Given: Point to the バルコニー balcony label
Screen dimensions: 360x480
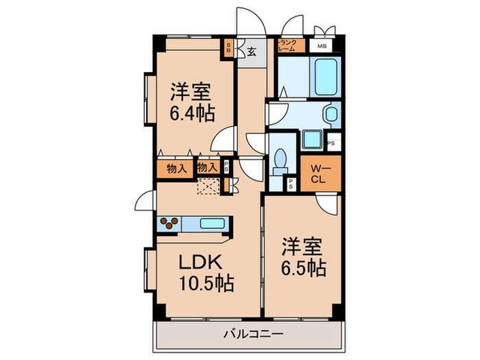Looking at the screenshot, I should pos(249,335).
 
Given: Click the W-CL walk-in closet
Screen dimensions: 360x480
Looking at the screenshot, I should pos(320,175).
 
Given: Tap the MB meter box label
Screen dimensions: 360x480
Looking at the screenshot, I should pos(321,46).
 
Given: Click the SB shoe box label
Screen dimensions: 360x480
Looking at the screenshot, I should pos(229,47).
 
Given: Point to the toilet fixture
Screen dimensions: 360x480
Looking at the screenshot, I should pos(280,160).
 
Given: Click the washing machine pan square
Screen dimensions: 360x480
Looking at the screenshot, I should pos(313,139).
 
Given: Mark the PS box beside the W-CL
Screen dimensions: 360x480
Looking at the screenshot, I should pos(291,183).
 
